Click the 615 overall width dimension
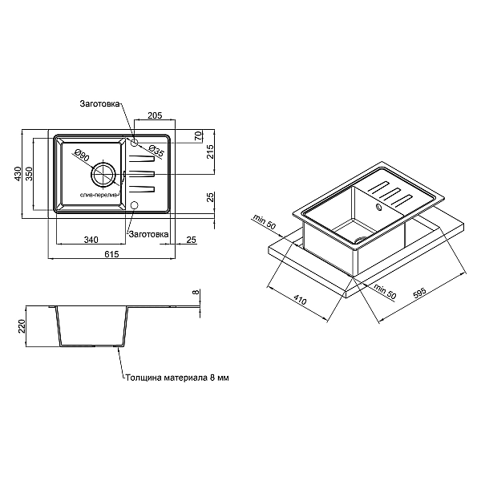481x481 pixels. (x=111, y=254)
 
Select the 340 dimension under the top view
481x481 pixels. (x=90, y=239)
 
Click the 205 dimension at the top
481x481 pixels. (x=156, y=115)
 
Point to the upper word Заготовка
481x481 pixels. (x=99, y=104)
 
